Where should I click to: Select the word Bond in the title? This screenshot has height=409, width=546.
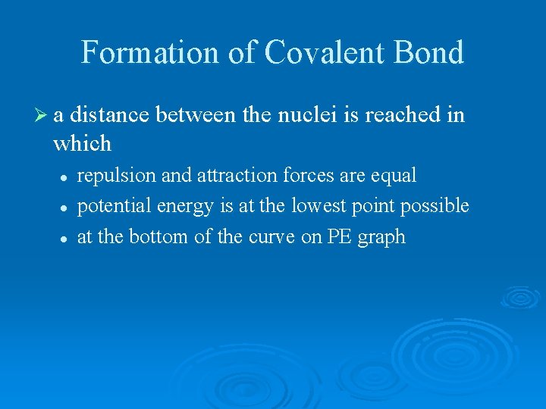click(429, 53)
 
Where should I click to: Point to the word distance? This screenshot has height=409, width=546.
click(109, 115)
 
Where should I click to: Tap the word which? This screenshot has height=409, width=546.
click(82, 142)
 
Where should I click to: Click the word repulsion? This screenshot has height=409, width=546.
click(116, 176)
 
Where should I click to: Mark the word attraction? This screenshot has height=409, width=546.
click(236, 176)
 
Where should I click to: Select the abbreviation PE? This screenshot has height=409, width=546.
click(337, 237)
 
